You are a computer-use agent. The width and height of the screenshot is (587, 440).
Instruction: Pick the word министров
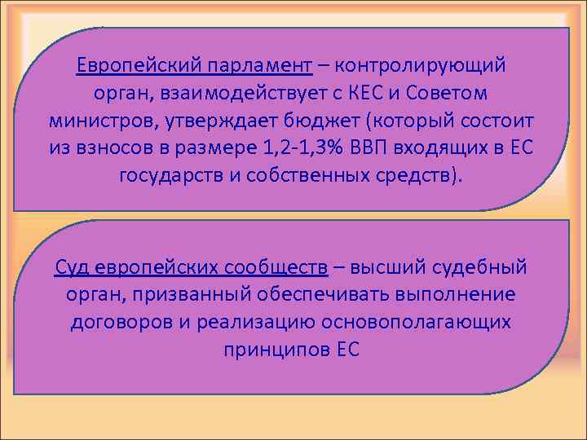click(92, 121)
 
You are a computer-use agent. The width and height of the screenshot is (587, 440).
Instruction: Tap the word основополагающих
click(417, 321)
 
